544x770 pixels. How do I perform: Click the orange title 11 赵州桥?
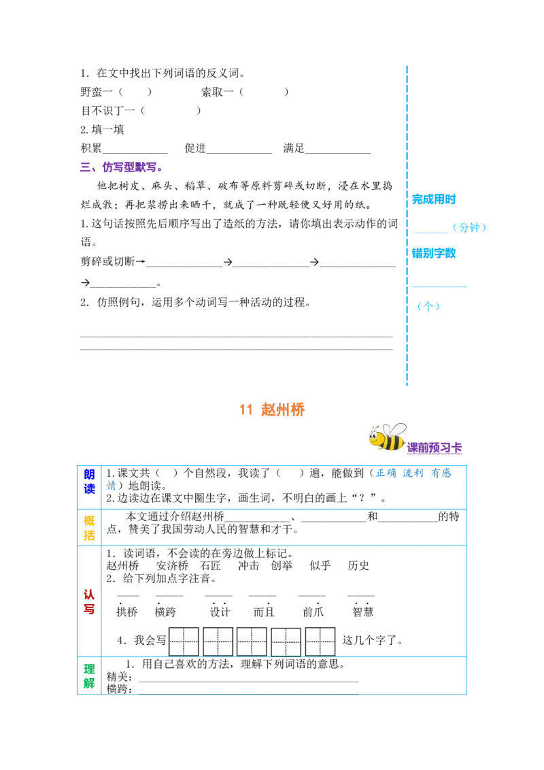(x=272, y=409)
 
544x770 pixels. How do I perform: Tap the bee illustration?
(x=388, y=437)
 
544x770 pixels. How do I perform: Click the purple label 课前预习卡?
(x=435, y=448)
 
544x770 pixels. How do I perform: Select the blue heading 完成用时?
(x=434, y=199)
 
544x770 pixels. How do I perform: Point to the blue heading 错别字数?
(x=434, y=253)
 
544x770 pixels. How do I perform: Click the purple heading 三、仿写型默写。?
(x=121, y=167)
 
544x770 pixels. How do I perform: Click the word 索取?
(x=211, y=92)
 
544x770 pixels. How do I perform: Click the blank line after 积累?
(x=135, y=153)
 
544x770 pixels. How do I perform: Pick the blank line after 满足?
(x=338, y=153)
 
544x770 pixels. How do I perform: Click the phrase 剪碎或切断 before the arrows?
(x=107, y=261)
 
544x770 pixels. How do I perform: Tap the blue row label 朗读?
(x=89, y=482)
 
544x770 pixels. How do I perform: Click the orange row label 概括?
(x=89, y=528)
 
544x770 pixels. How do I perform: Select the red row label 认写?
(x=89, y=601)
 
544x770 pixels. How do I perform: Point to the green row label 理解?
(x=89, y=675)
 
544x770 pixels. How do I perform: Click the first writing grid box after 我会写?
(x=184, y=641)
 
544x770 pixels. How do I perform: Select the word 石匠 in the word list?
(x=211, y=566)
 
